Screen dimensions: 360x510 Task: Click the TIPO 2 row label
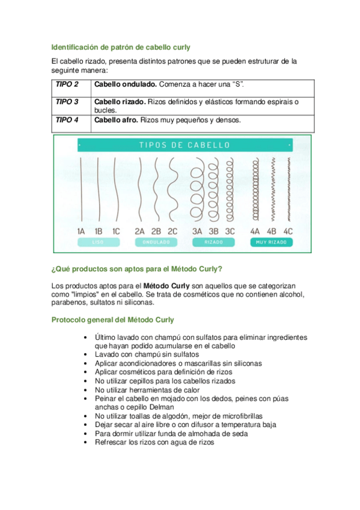pyautogui.click(x=67, y=84)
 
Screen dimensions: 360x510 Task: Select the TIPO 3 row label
pyautogui.click(x=67, y=102)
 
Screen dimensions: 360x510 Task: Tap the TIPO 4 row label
pyautogui.click(x=67, y=120)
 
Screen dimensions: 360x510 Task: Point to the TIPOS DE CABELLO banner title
pyautogui.click(x=185, y=145)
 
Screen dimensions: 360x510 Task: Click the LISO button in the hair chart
pyautogui.click(x=99, y=242)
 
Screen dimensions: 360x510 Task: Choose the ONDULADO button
pyautogui.click(x=156, y=242)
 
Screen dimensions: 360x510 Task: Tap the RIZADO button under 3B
pyautogui.click(x=213, y=242)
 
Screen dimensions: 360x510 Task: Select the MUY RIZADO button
pyautogui.click(x=271, y=242)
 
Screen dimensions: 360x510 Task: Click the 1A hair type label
pyautogui.click(x=81, y=232)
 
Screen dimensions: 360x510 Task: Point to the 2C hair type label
pyautogui.click(x=172, y=232)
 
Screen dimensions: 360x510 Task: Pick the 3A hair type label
pyautogui.click(x=197, y=232)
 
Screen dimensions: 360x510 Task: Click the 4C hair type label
pyautogui.click(x=288, y=232)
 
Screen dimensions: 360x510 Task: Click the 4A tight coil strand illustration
pyautogui.click(x=255, y=189)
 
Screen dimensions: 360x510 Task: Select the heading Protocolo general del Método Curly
pyautogui.click(x=113, y=320)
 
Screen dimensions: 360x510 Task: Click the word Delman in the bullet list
pyautogui.click(x=162, y=407)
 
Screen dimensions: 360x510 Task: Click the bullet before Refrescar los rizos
pyautogui.click(x=85, y=443)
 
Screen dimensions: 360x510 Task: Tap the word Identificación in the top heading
pyautogui.click(x=75, y=47)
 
